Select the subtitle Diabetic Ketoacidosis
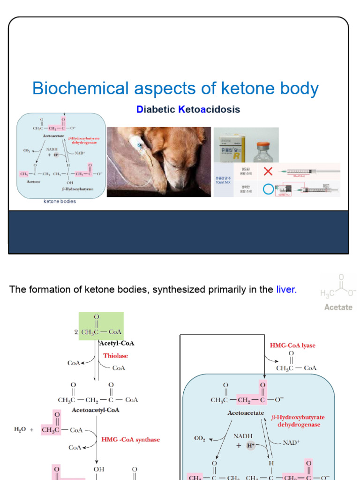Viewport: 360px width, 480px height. tap(188, 110)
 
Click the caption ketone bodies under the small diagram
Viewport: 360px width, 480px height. tap(60, 202)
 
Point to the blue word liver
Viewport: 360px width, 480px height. tap(286, 290)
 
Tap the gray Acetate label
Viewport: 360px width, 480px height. tap(338, 307)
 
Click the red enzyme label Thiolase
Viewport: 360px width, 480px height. tap(115, 356)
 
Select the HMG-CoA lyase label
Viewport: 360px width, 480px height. tap(292, 345)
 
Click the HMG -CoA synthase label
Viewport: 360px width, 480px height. tap(131, 440)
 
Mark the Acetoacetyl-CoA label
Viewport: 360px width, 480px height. tap(96, 410)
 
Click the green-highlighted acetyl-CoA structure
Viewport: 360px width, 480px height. tap(102, 327)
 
